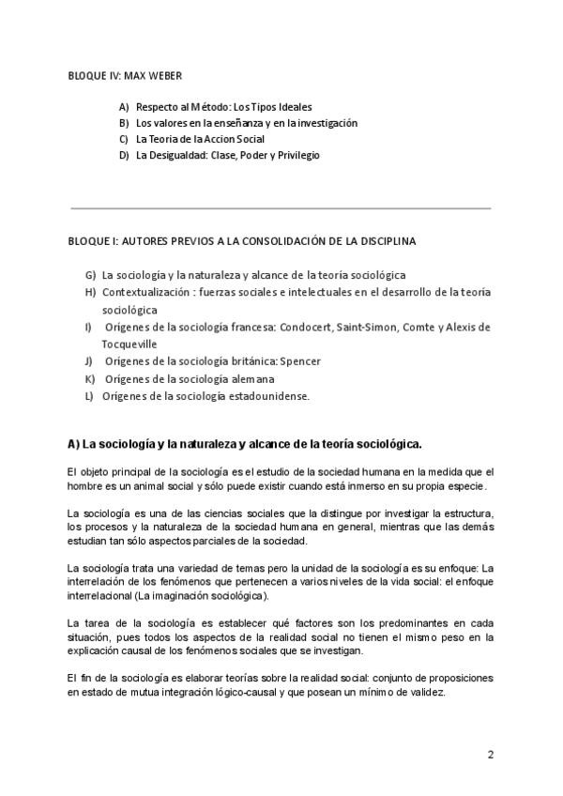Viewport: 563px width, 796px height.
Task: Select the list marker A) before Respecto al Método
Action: (x=124, y=107)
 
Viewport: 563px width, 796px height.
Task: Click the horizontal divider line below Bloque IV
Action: (x=281, y=208)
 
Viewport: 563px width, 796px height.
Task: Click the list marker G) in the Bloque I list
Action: (x=90, y=275)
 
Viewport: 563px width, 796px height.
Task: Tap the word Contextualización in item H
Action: (x=145, y=292)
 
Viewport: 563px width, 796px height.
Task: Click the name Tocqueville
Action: (x=135, y=344)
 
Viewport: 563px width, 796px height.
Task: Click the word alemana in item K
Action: (x=250, y=378)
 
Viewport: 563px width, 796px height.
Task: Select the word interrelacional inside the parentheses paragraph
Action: (x=101, y=595)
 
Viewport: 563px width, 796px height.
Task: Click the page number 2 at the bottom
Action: (x=490, y=754)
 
